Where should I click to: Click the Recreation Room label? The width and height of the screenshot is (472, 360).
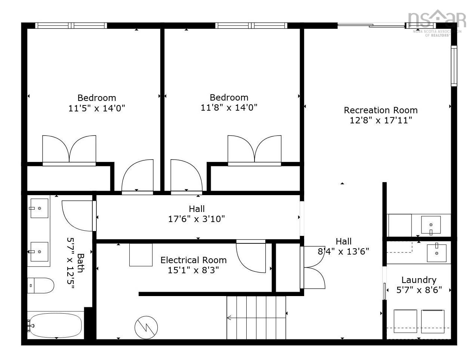(380, 110)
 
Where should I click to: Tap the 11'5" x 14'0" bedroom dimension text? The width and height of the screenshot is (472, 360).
(96, 108)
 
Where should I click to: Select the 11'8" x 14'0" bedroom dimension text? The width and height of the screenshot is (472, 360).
(229, 108)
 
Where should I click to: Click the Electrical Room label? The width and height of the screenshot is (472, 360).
(193, 260)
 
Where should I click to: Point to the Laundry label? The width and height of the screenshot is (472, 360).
(419, 280)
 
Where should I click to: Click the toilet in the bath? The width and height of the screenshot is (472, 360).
(40, 285)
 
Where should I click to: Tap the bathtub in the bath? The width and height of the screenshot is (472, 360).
(55, 325)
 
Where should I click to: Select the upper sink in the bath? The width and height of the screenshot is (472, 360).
(39, 208)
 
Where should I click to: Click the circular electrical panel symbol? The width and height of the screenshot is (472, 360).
(146, 326)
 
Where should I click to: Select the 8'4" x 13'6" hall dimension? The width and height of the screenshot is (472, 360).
(343, 251)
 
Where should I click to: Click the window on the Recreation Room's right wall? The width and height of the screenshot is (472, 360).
(454, 66)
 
